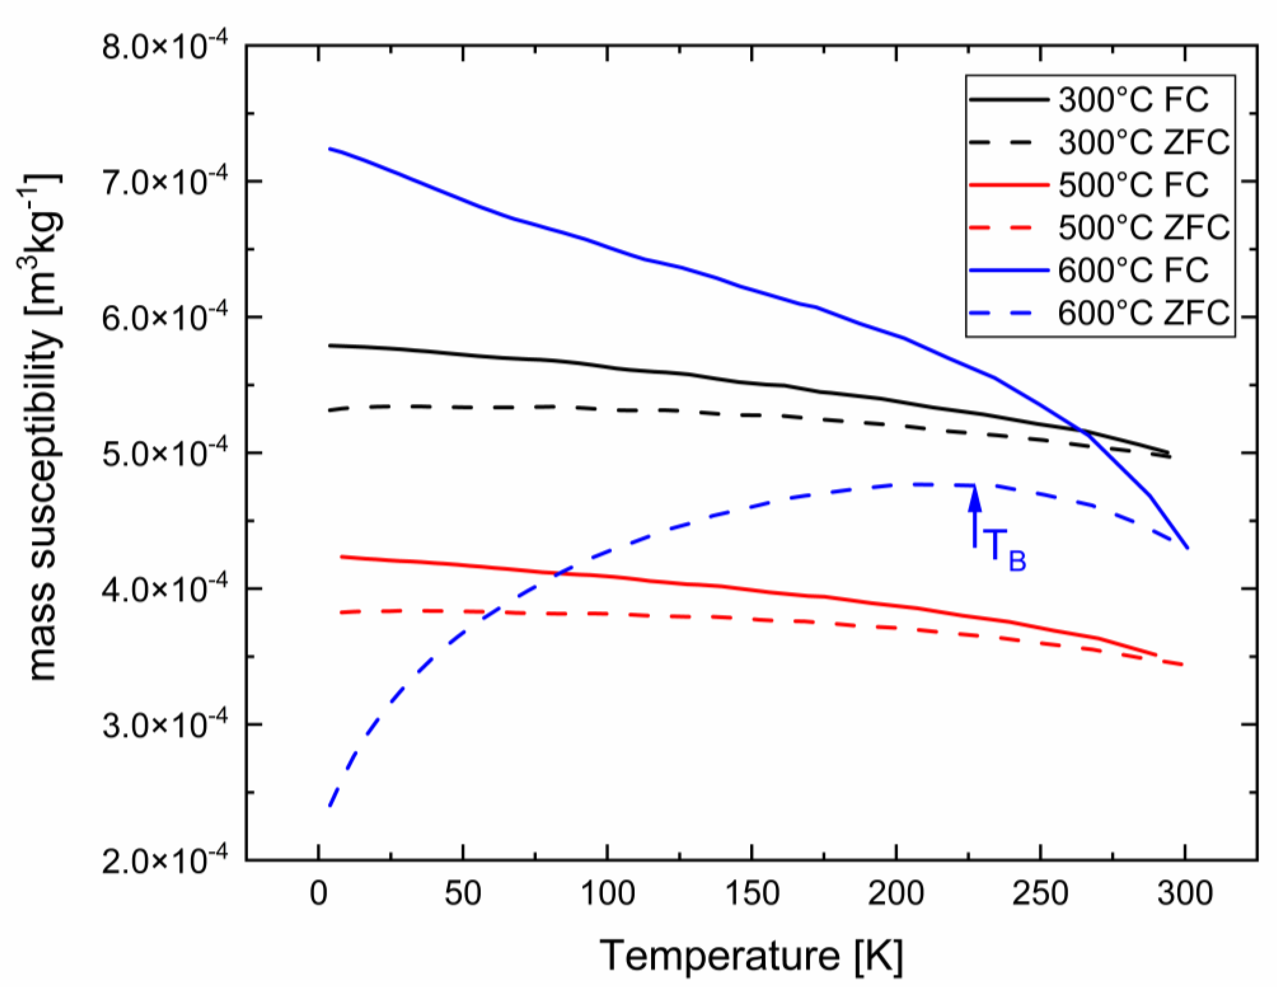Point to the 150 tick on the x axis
tap(751, 894)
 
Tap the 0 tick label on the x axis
tap(319, 894)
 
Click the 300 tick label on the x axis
tap(1185, 894)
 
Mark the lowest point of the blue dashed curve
tap(330, 806)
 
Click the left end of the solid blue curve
tap(330, 148)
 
